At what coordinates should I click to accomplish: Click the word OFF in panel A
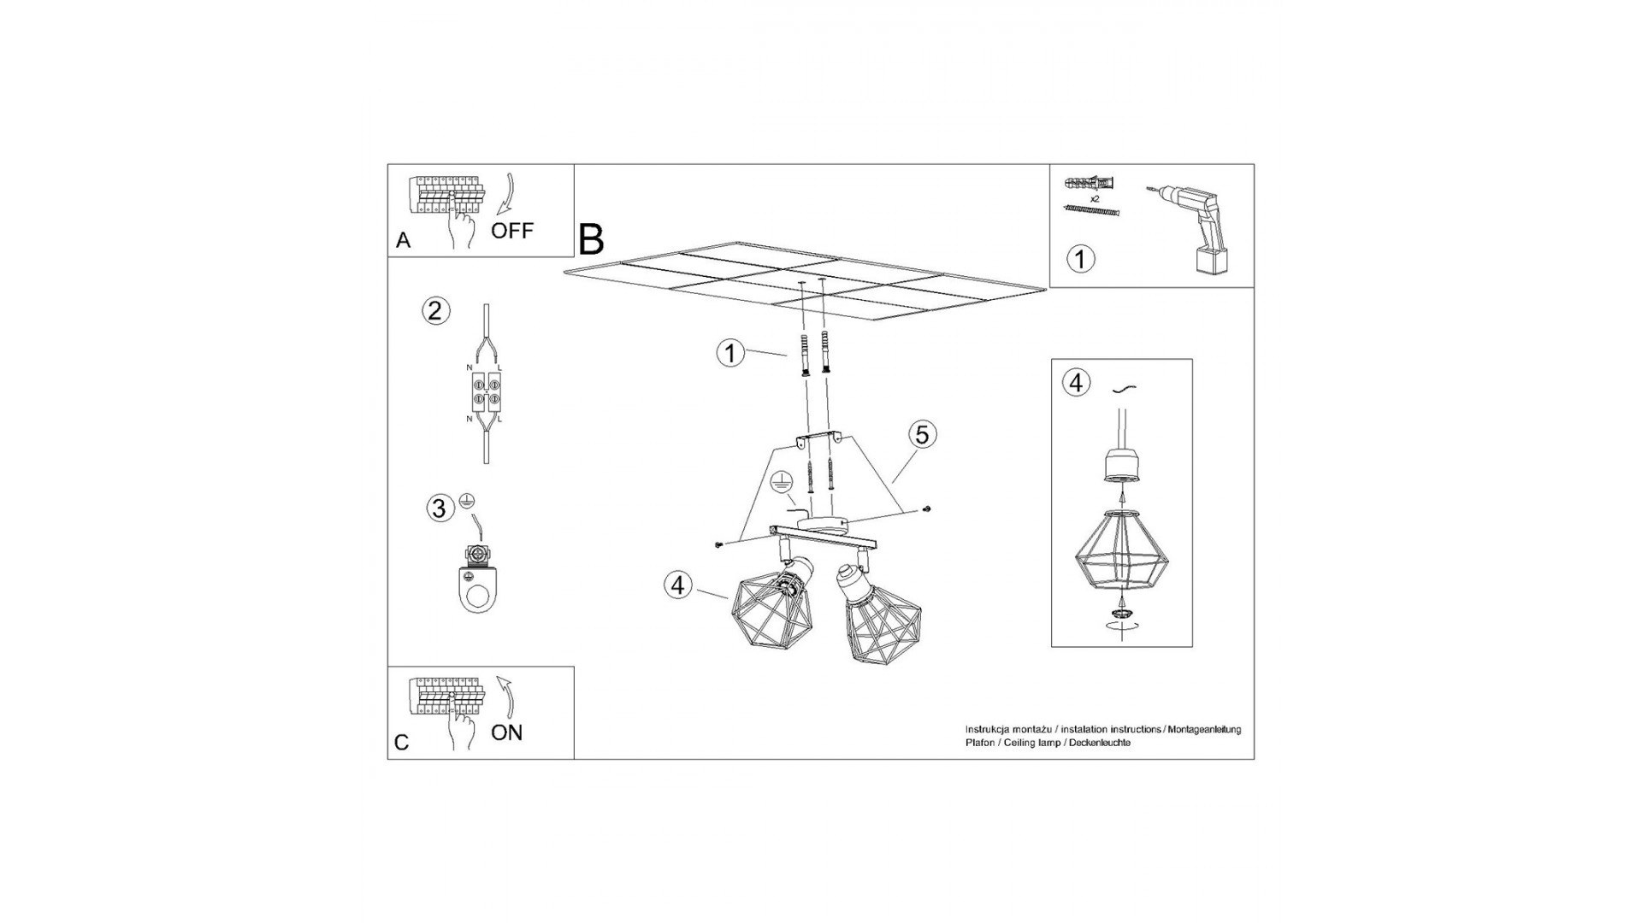tap(511, 231)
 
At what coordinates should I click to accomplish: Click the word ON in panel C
tap(507, 732)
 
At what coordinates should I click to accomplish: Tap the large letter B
tap(591, 239)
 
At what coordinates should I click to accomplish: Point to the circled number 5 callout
tap(922, 435)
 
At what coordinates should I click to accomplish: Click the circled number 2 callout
tap(435, 310)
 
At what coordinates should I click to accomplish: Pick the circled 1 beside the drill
tap(1080, 258)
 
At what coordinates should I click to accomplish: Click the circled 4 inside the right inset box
tap(1076, 383)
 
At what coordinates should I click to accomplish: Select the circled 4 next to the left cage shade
tap(678, 585)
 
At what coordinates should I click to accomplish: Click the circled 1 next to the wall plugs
tap(729, 353)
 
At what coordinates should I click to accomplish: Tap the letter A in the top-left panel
tap(404, 241)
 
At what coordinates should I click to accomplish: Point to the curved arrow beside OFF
tap(505, 199)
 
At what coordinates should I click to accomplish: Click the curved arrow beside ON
tap(505, 699)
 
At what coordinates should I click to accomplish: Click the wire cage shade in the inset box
tap(1122, 550)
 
